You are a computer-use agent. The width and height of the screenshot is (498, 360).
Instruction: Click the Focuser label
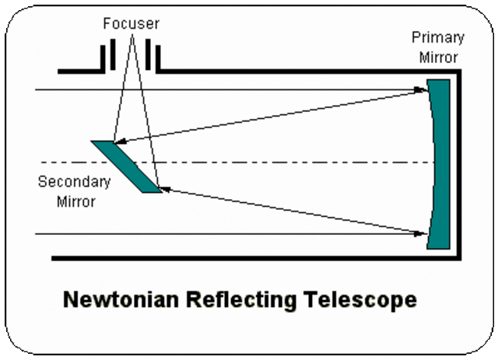[x=130, y=24]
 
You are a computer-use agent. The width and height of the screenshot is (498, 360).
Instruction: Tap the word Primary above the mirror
[x=437, y=38]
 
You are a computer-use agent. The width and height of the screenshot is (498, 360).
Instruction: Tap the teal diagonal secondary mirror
[x=125, y=166]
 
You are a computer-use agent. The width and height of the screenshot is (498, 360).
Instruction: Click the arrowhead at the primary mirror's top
[x=424, y=90]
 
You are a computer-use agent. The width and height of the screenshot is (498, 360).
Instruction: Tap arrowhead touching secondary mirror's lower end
[x=164, y=189]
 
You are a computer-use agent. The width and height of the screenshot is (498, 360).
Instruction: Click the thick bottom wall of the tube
[x=249, y=258]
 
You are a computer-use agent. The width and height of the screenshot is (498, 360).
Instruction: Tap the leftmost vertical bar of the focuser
[x=102, y=58]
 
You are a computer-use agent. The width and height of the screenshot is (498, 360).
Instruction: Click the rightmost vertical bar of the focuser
[x=160, y=58]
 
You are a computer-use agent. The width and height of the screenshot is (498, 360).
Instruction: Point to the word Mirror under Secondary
[x=75, y=202]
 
